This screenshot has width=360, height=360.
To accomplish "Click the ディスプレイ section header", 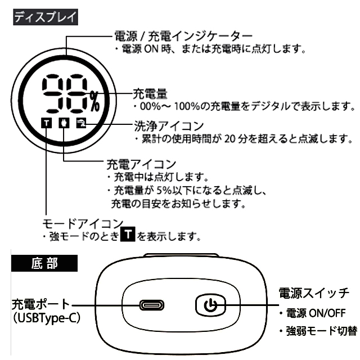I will click(x=45, y=16).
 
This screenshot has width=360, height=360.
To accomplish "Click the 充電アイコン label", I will click(x=141, y=164).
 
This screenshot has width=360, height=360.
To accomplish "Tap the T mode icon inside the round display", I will click(x=47, y=123).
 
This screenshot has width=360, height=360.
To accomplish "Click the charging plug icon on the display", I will click(x=65, y=123).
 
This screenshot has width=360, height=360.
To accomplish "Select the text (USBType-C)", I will click(x=45, y=318).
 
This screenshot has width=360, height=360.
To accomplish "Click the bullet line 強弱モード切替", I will click(x=321, y=331).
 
